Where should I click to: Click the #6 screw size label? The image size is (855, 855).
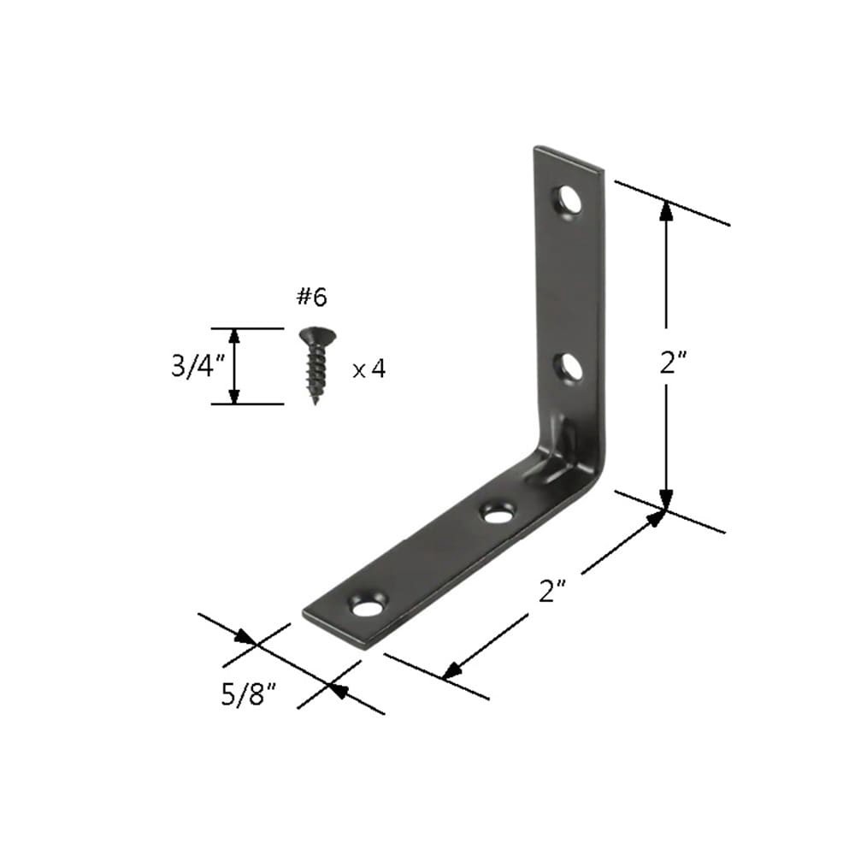click(311, 297)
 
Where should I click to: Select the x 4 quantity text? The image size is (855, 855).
click(369, 369)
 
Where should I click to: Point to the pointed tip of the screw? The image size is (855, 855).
click(316, 399)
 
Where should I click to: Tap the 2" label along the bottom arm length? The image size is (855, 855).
click(552, 591)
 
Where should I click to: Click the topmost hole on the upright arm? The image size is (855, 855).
click(568, 201)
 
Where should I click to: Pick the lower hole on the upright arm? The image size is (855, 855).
click(569, 368)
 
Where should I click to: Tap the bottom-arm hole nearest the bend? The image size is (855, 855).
click(497, 514)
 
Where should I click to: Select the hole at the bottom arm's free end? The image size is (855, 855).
click(369, 608)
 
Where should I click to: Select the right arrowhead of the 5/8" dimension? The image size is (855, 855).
click(337, 689)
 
